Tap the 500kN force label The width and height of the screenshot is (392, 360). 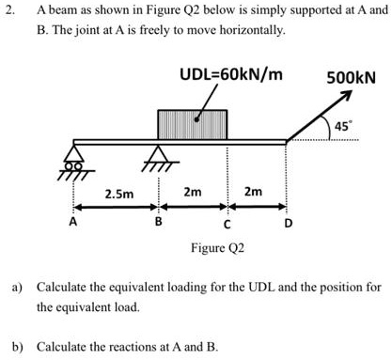point(351,78)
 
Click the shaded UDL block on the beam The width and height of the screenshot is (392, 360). point(192,124)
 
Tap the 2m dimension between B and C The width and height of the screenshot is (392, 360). point(192,192)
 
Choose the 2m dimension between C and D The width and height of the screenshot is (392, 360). point(254,192)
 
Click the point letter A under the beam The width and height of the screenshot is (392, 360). point(73,224)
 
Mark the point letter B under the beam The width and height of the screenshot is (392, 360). point(158,224)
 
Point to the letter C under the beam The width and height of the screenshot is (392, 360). point(227,225)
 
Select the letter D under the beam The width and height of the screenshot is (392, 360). point(289,224)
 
